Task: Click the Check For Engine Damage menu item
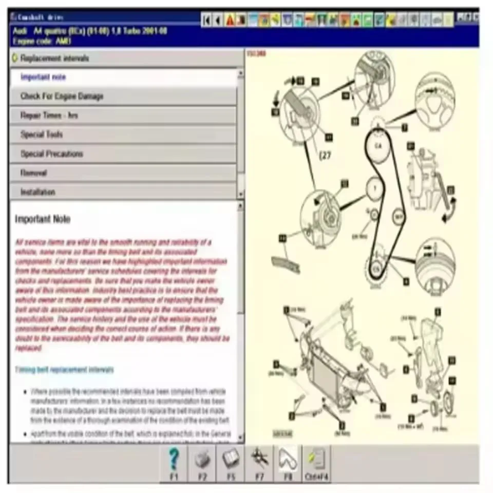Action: (x=62, y=96)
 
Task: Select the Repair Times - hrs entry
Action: (x=49, y=116)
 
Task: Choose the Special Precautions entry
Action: (x=51, y=154)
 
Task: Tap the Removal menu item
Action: (x=33, y=173)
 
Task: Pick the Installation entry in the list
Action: (x=37, y=192)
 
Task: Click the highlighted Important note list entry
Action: (x=43, y=77)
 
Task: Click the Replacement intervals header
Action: (x=54, y=58)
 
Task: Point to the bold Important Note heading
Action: (x=43, y=219)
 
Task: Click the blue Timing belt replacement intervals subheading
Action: (x=64, y=369)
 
